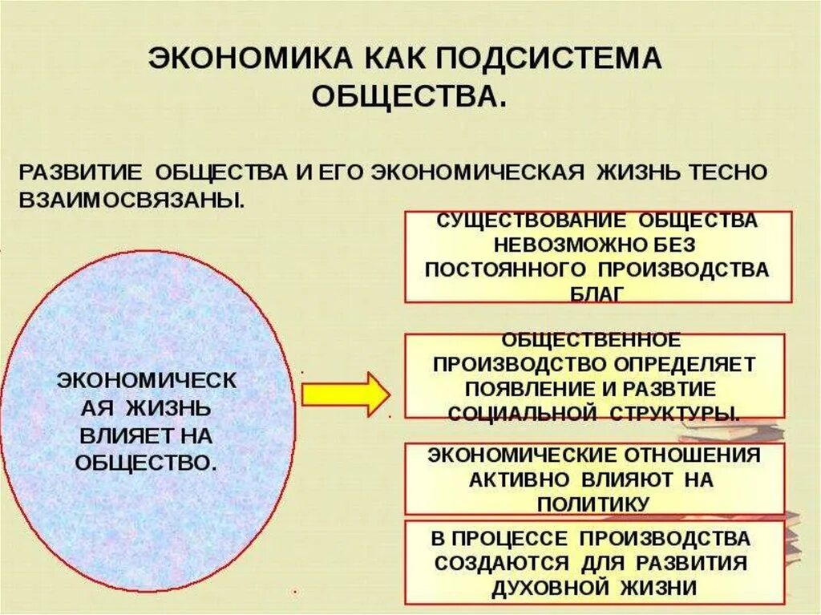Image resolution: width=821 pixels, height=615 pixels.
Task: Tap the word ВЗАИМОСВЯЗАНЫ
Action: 131,199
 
